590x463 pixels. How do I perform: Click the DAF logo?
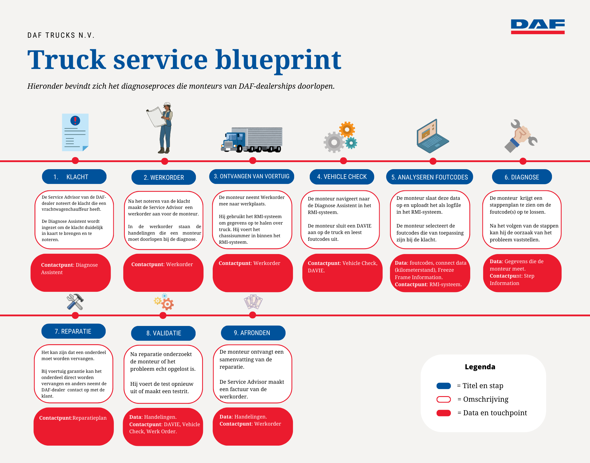coord(537,27)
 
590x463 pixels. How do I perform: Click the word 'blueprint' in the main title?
coord(278,60)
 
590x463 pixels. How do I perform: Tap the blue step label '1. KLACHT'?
coord(74,177)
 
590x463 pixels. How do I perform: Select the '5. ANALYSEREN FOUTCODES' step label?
coord(429,177)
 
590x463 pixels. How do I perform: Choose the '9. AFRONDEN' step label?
coord(253,333)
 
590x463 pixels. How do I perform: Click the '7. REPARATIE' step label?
coord(73,331)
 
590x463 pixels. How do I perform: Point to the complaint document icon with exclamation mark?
coord(75,132)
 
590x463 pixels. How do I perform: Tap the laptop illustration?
coord(432,136)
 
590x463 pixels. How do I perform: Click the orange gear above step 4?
coord(347,129)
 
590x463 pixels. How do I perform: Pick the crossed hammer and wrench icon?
coord(75,302)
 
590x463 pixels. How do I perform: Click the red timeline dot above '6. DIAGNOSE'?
coord(523,161)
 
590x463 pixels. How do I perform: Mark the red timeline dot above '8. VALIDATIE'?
coord(163,316)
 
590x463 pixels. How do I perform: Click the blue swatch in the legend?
coord(443,386)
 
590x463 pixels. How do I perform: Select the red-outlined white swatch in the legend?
coord(443,399)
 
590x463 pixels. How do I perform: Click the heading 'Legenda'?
coord(480,367)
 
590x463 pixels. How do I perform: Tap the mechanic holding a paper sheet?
coord(162,128)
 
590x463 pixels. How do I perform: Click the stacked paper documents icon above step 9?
coord(253,302)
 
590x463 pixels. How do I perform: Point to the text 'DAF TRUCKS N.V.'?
coord(61,36)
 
